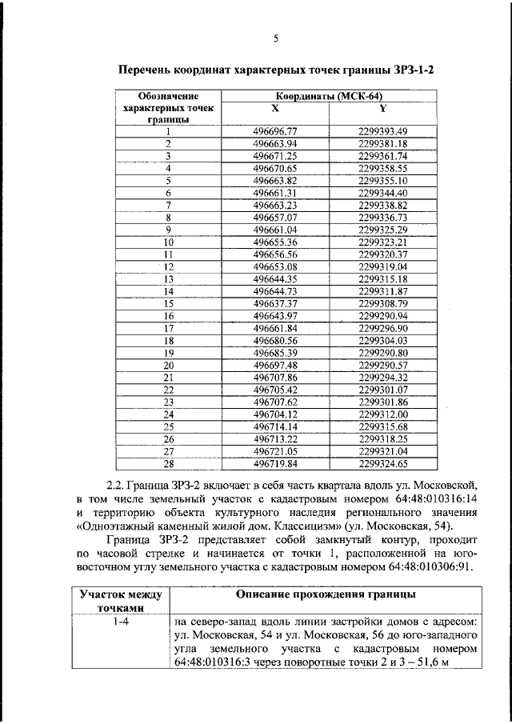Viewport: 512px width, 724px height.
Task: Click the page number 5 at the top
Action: (274, 38)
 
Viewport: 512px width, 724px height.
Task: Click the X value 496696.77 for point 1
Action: (274, 131)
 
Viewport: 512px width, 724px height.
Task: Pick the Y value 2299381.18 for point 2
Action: (383, 143)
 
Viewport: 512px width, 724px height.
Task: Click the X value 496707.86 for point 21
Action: (274, 377)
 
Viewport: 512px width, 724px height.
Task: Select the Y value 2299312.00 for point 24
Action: (383, 414)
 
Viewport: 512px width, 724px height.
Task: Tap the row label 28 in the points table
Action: (169, 463)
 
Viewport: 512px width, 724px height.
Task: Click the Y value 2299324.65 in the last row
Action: (383, 463)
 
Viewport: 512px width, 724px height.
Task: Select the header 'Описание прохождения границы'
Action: (325, 594)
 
